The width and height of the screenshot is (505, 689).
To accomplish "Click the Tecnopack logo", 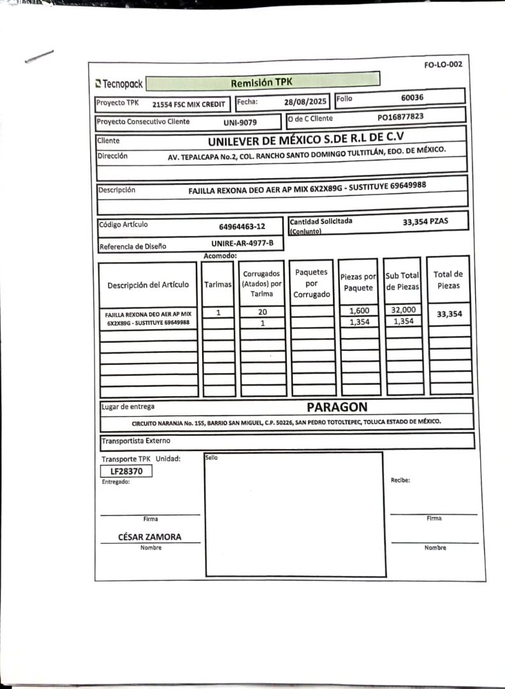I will [x=119, y=84].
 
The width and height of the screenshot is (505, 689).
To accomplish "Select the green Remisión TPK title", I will [x=261, y=82].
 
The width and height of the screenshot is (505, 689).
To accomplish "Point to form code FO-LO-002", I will [x=443, y=64].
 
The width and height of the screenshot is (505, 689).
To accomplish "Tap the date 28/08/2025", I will [x=305, y=101].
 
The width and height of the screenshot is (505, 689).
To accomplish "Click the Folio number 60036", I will [x=413, y=98].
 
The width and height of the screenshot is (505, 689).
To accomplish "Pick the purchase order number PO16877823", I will [x=400, y=117].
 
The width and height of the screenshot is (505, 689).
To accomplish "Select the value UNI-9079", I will [x=240, y=122].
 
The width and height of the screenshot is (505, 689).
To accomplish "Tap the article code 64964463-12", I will [x=242, y=226].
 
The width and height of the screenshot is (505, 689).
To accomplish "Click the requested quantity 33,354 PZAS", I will [x=425, y=221].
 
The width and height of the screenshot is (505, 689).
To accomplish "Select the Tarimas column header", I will [x=218, y=285].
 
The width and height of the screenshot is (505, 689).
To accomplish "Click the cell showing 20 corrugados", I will [x=262, y=312].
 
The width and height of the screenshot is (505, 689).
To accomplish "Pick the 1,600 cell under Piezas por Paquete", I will [x=360, y=311].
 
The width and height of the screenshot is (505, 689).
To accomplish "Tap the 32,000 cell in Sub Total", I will [x=403, y=310].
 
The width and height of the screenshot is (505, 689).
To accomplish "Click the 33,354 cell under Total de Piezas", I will [x=450, y=314].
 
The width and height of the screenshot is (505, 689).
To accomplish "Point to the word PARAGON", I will [x=337, y=407].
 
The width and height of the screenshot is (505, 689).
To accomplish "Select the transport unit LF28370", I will [x=126, y=471].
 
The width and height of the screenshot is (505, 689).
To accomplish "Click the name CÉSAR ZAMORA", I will [x=150, y=537].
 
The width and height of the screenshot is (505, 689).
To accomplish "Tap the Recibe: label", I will [x=400, y=480].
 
